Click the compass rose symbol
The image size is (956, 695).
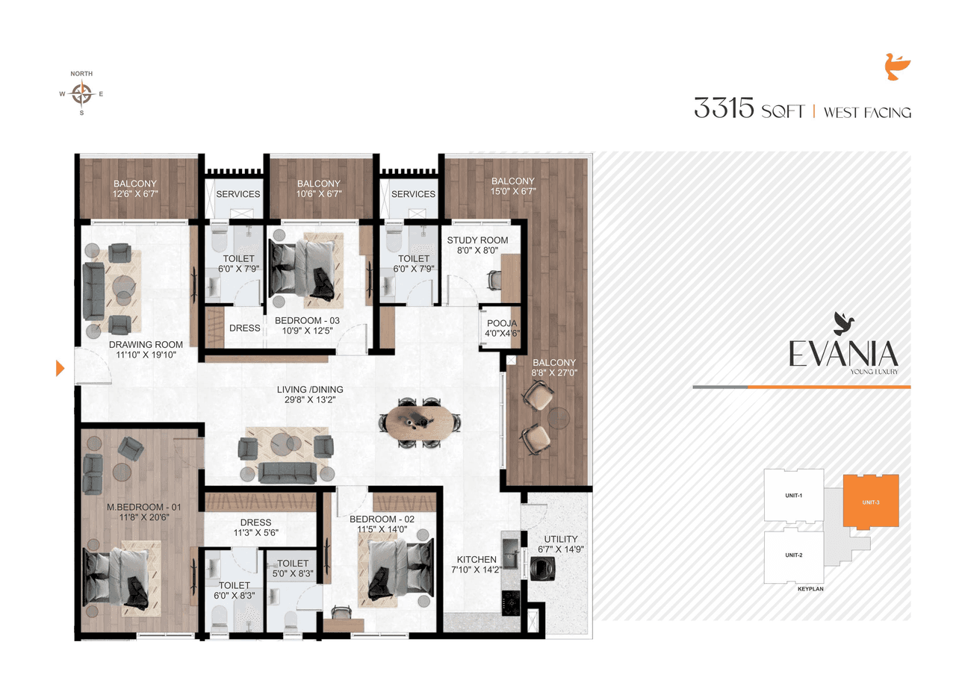pos(81,94)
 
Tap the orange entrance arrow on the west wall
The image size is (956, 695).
pos(60,367)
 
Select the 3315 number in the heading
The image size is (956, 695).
pos(724,109)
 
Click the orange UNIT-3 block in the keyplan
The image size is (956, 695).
pos(870,502)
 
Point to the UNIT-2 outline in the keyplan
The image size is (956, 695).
pos(793,556)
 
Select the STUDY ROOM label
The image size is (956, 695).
pos(477,240)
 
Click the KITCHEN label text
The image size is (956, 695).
pos(477,559)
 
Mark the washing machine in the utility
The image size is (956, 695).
pos(540,567)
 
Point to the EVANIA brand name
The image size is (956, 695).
pos(843,354)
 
